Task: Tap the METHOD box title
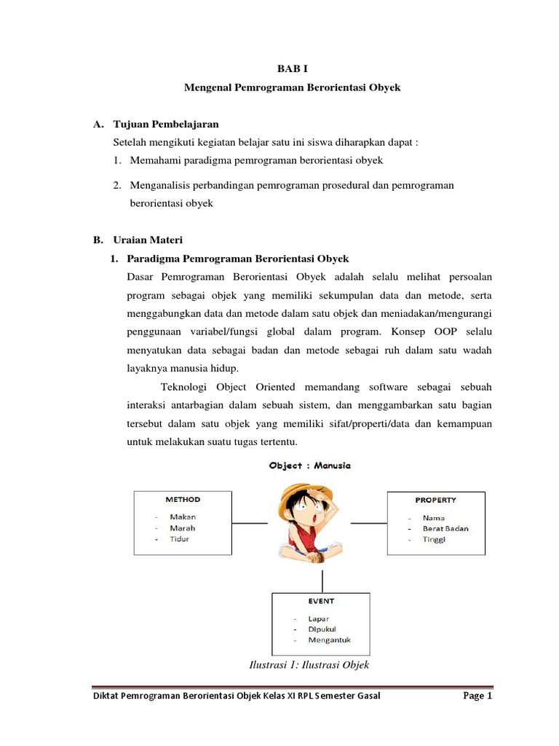click(x=183, y=500)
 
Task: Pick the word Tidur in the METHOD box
click(x=179, y=539)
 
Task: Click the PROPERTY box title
click(x=435, y=500)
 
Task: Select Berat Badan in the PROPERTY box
click(x=445, y=528)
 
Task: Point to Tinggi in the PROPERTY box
click(x=435, y=539)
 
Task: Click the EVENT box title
click(x=320, y=601)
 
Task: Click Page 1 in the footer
click(x=477, y=696)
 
